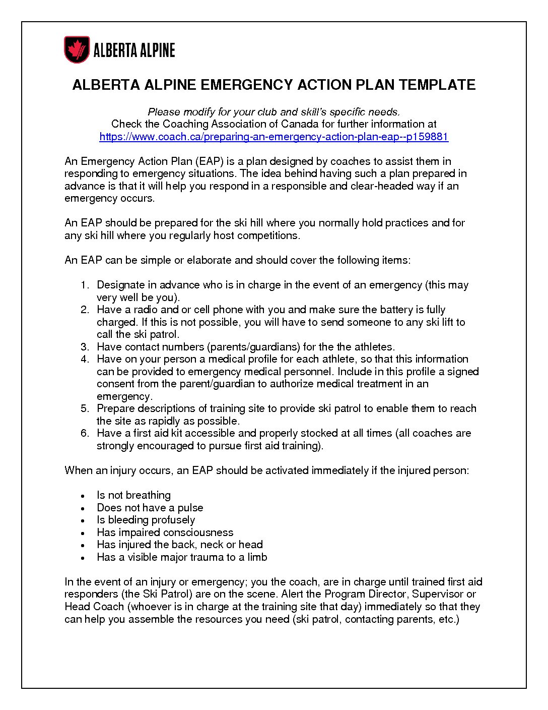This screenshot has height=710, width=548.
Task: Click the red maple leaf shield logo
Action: (77, 49)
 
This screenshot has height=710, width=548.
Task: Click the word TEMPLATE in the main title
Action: (437, 85)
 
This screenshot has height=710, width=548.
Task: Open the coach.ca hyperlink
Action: (273, 137)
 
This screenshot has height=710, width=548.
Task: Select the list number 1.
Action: (85, 285)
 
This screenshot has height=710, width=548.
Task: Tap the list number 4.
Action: (85, 360)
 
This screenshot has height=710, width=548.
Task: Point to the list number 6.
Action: (85, 434)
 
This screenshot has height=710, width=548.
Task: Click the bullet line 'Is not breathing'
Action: (133, 495)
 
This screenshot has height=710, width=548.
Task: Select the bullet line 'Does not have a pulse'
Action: (150, 508)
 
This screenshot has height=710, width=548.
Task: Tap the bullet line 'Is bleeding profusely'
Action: (146, 520)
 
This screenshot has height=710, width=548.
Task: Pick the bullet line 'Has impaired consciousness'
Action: (165, 532)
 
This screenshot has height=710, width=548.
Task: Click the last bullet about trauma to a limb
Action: (182, 557)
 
